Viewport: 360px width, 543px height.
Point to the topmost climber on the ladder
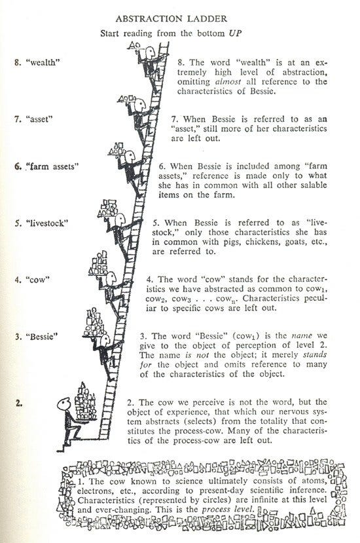[x=150, y=56]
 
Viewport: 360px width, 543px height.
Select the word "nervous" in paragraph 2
[x=310, y=413]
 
